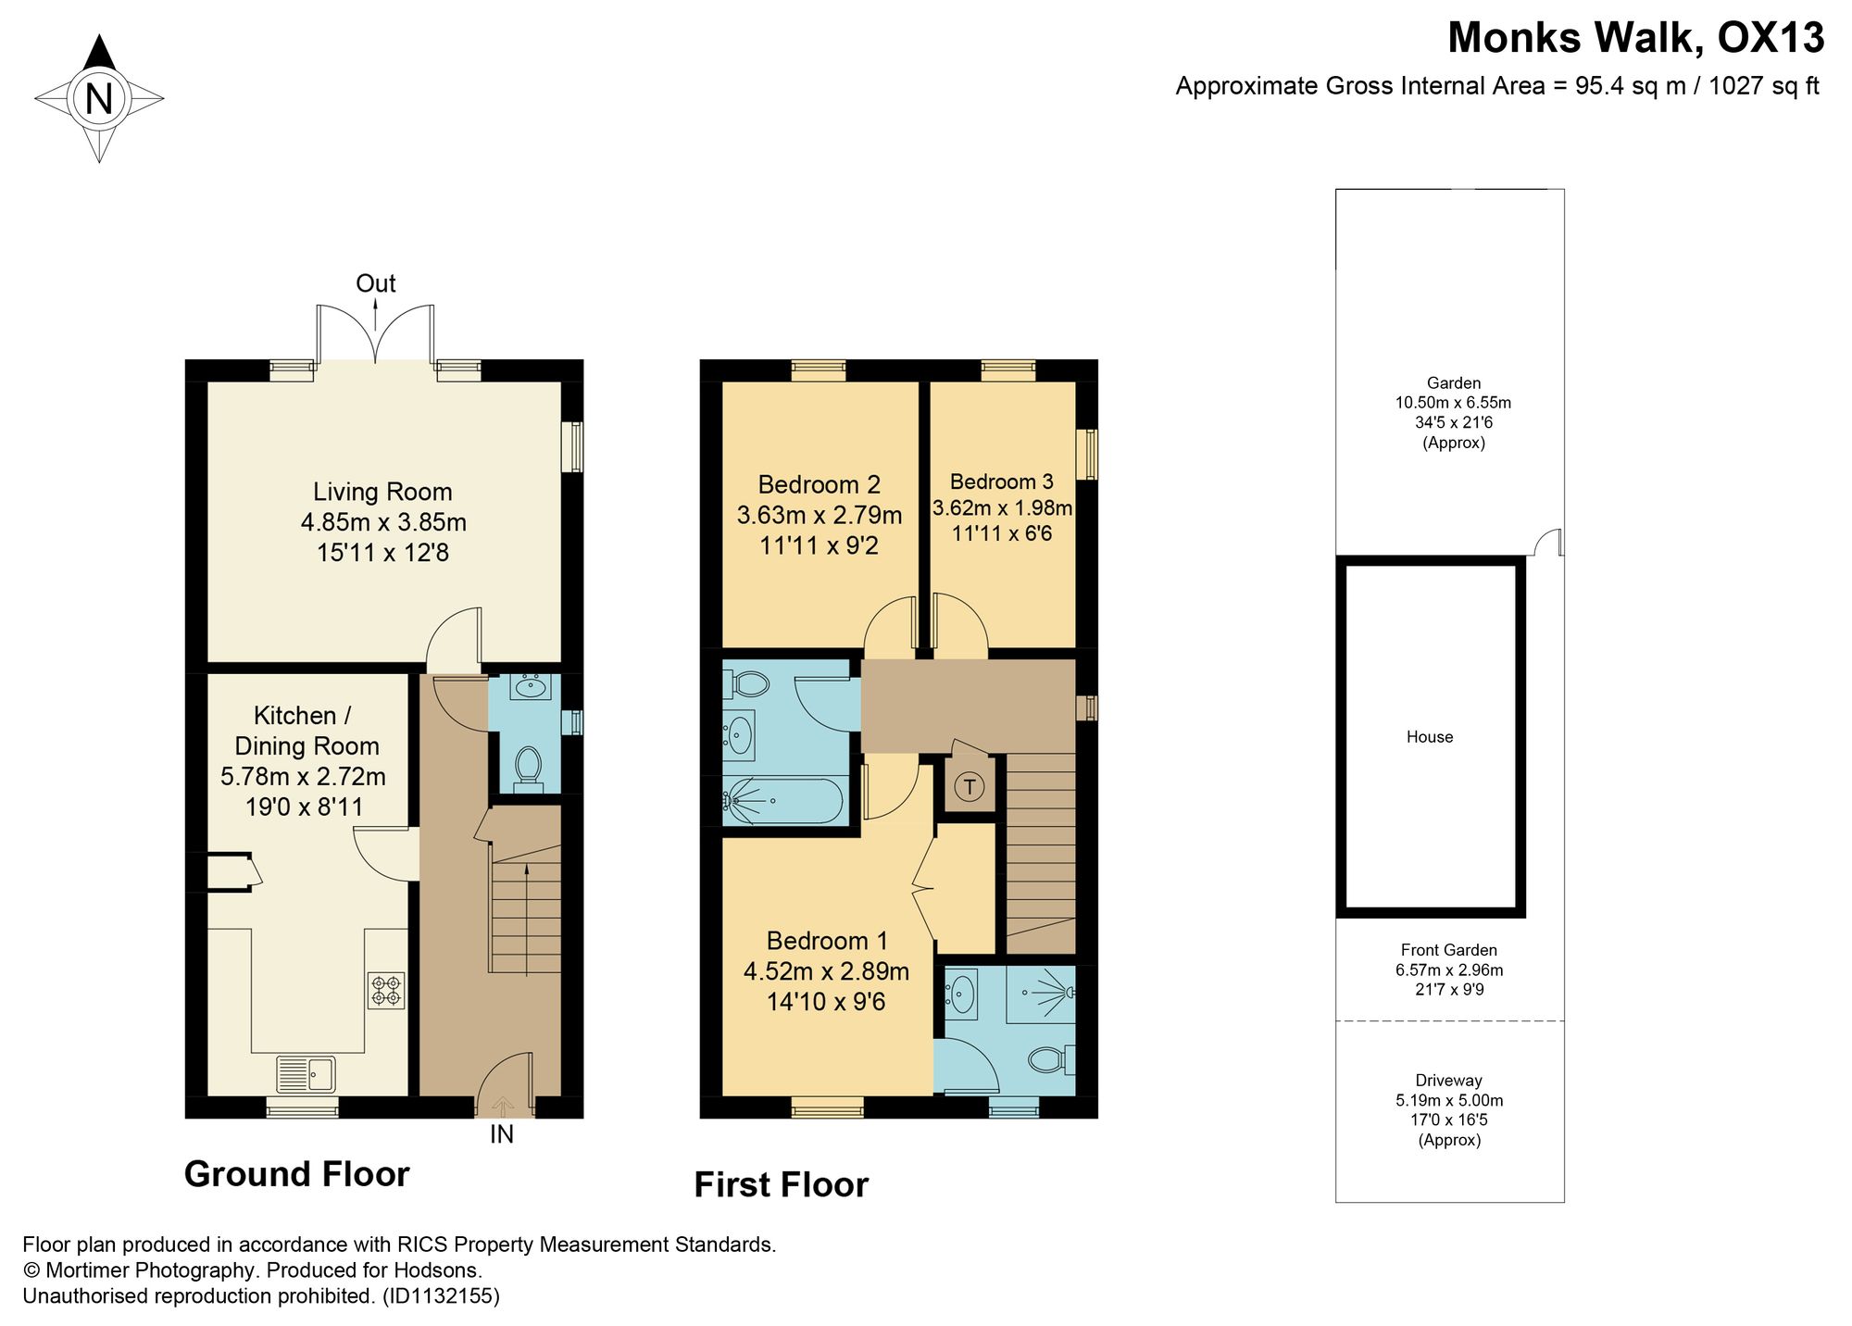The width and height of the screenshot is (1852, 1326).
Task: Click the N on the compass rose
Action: click(99, 98)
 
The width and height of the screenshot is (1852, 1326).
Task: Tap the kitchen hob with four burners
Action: click(386, 990)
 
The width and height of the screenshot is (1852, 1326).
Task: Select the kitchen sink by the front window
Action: click(307, 1075)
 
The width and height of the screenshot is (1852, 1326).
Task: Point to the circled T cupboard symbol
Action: click(970, 787)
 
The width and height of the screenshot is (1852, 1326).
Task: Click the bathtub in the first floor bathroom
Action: click(785, 800)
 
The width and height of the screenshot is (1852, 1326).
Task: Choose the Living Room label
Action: click(382, 492)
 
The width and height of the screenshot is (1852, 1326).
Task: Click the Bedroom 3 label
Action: click(1002, 482)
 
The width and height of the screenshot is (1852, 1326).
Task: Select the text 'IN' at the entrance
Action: click(502, 1134)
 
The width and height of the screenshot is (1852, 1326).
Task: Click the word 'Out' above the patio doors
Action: click(376, 283)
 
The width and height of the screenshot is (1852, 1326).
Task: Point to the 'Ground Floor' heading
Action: click(297, 1174)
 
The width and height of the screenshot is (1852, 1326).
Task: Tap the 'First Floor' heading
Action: click(782, 1185)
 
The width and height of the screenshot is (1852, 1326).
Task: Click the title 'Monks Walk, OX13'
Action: click(1636, 38)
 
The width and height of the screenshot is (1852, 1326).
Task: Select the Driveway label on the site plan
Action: click(1449, 1081)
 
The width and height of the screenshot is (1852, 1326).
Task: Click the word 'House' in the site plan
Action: click(1430, 737)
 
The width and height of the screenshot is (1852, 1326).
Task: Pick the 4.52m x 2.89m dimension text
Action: click(827, 971)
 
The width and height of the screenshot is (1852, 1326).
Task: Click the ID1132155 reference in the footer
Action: click(441, 1296)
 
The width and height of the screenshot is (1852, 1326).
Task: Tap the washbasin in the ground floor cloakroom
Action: click(532, 687)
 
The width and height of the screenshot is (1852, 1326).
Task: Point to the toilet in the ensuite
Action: click(1053, 1059)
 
